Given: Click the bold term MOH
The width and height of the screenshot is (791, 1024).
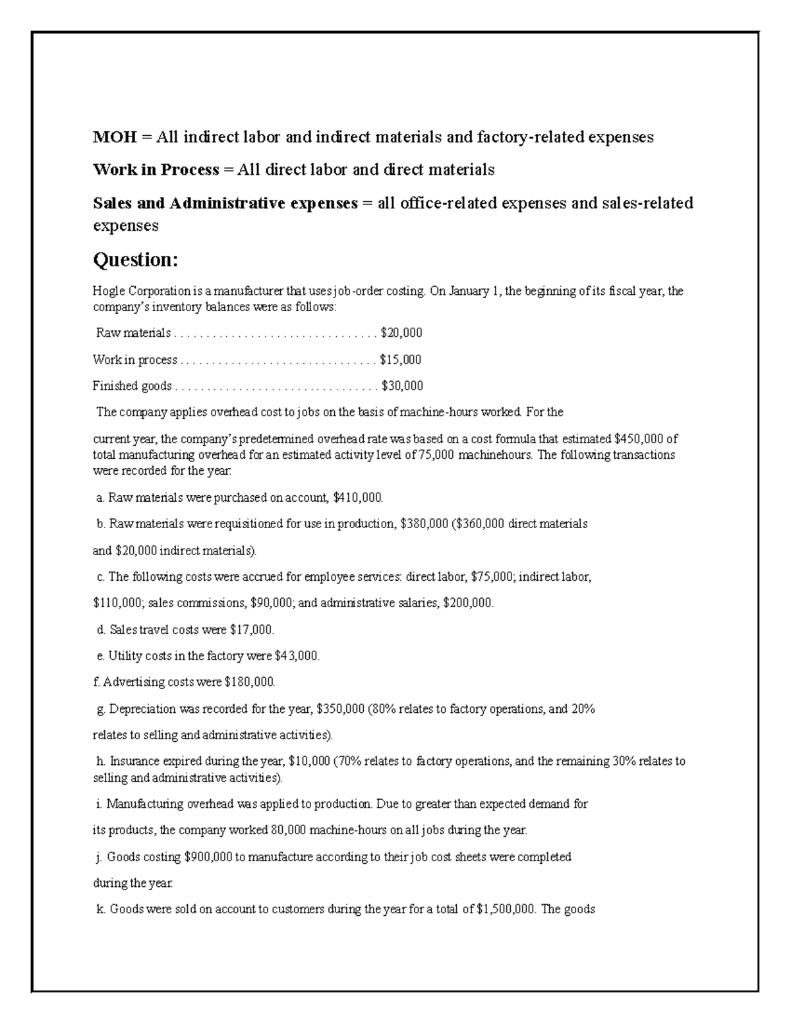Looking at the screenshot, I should (115, 137).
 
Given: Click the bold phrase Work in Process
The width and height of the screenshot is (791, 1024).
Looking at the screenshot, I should (156, 170).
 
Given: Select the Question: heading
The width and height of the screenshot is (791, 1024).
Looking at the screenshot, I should (135, 260).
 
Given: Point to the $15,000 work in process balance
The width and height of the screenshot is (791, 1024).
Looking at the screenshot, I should (401, 360).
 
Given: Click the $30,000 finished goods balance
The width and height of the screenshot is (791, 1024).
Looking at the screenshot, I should (402, 386).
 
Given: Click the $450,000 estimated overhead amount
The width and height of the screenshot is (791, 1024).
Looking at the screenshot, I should (638, 439).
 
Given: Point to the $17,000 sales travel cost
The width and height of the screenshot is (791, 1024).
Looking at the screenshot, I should (251, 630).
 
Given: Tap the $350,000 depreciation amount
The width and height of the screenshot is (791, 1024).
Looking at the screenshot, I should (341, 709).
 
